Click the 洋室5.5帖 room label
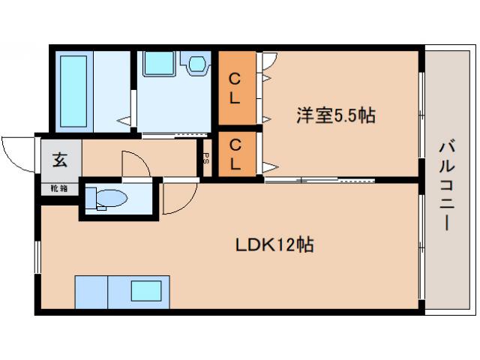(336, 115)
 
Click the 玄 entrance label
(58, 159)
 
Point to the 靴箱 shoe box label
(58, 187)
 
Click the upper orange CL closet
(235, 88)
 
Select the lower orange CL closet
(235, 154)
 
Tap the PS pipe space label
(206, 158)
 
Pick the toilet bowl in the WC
(112, 199)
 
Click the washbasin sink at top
(159, 63)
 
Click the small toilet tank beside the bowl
(90, 199)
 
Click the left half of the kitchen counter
(91, 291)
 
